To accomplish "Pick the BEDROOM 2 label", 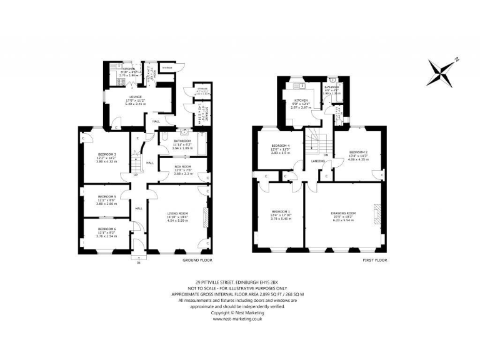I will (357, 152).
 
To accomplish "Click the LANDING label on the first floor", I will (316, 160).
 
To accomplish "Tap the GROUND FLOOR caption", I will (197, 259).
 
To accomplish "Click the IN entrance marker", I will (138, 262).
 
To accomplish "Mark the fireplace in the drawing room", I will (377, 213).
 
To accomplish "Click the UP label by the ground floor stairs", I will (136, 174).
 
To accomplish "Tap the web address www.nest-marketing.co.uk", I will (240, 318).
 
